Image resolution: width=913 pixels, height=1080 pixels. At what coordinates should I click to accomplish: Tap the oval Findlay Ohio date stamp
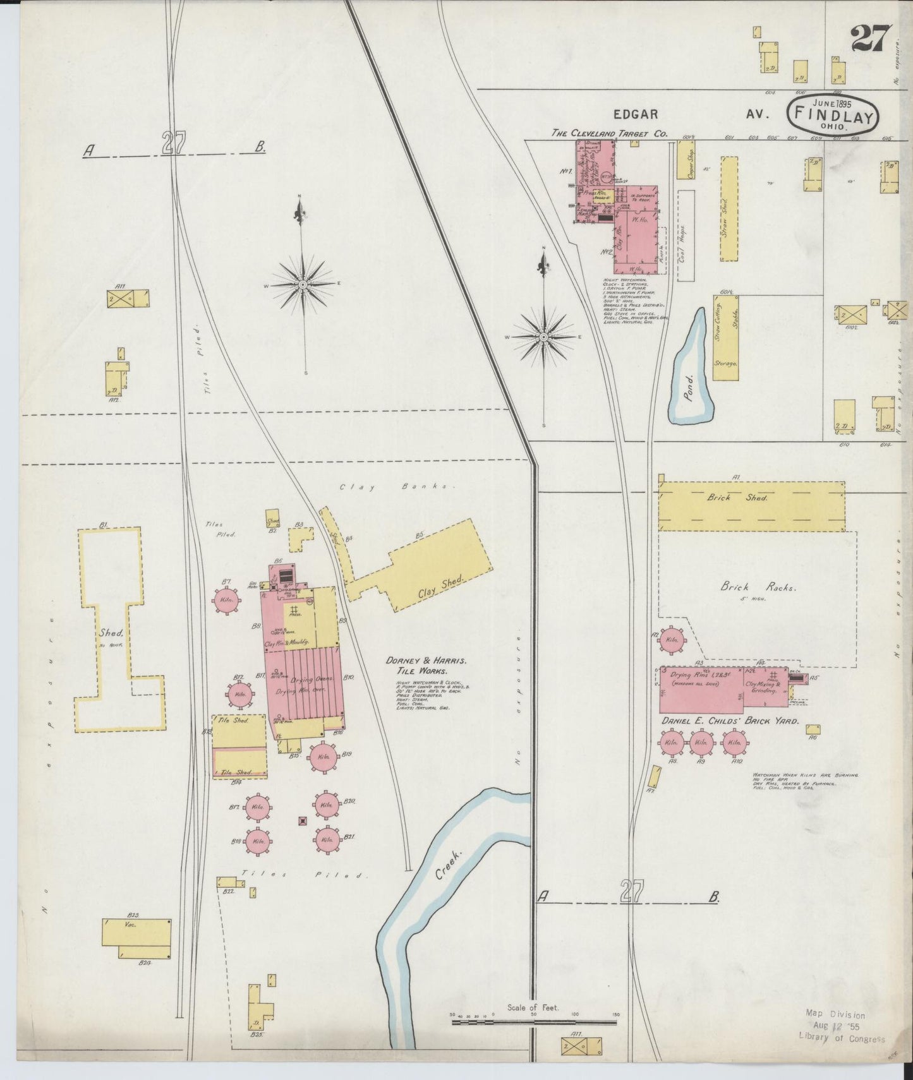pos(832,114)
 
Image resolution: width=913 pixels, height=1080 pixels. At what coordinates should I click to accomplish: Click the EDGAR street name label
pos(636,114)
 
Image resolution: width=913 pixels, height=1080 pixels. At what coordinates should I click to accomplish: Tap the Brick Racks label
pos(758,587)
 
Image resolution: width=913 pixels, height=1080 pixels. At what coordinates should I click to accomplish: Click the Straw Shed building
pos(729,208)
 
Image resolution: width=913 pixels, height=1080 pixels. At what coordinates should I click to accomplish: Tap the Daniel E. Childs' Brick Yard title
pos(730,721)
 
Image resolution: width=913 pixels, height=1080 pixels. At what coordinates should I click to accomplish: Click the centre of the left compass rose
pos(303,285)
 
